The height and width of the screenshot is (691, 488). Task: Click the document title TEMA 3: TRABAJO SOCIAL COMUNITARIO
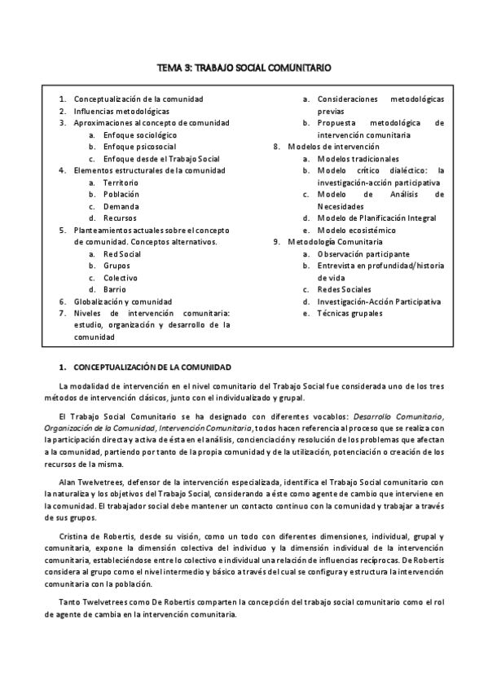point(244,70)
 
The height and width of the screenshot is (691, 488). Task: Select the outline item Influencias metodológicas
point(121,111)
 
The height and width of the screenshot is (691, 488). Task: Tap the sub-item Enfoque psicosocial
point(138,147)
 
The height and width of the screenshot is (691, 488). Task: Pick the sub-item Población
point(121,195)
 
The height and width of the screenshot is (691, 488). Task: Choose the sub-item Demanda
point(120,206)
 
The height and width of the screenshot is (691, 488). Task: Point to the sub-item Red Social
point(122,254)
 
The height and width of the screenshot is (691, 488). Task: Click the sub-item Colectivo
point(121,278)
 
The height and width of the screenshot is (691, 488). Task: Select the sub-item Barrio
point(116,289)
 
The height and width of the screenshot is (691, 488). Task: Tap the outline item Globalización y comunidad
point(123,301)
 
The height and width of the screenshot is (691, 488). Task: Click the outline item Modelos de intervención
point(333,147)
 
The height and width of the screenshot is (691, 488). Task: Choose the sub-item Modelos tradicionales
point(358,159)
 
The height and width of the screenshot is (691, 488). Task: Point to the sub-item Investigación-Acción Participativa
point(380,301)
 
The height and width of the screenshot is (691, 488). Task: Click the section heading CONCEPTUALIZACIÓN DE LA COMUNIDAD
point(152,368)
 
